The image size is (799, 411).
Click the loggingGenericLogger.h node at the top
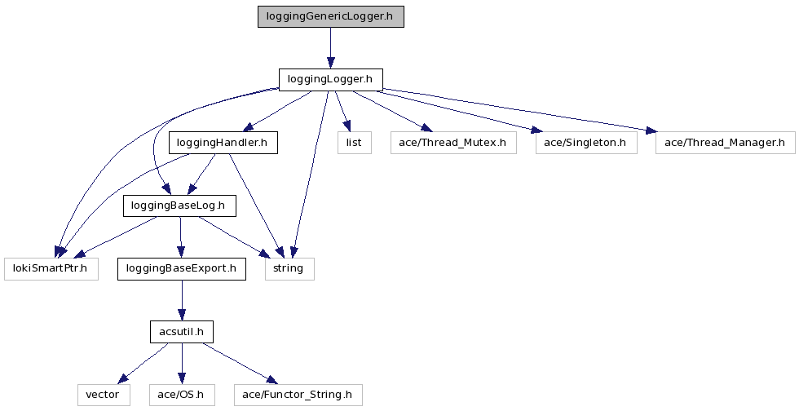pos(330,16)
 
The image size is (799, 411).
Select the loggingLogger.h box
pos(330,79)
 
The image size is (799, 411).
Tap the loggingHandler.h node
pos(223,143)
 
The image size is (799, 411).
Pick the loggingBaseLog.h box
pos(179,205)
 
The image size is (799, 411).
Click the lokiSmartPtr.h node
pos(51,268)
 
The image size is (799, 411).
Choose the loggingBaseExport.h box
pos(181,268)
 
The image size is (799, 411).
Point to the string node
pos(289,268)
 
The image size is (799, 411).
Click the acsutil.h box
pos(181,332)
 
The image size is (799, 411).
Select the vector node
pos(103,395)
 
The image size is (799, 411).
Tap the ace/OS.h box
pos(181,395)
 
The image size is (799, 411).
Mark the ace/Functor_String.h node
pos(297,395)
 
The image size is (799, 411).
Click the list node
pos(355,143)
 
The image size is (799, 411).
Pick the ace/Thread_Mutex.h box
pos(452,143)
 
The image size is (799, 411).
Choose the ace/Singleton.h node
pos(585,143)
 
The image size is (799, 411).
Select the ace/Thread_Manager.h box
pos(725,143)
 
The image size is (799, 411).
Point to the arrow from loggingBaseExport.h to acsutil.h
pos(181,300)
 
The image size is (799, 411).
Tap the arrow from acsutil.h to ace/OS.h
pos(181,363)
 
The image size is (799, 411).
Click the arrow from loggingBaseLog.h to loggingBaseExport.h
pos(180,236)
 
